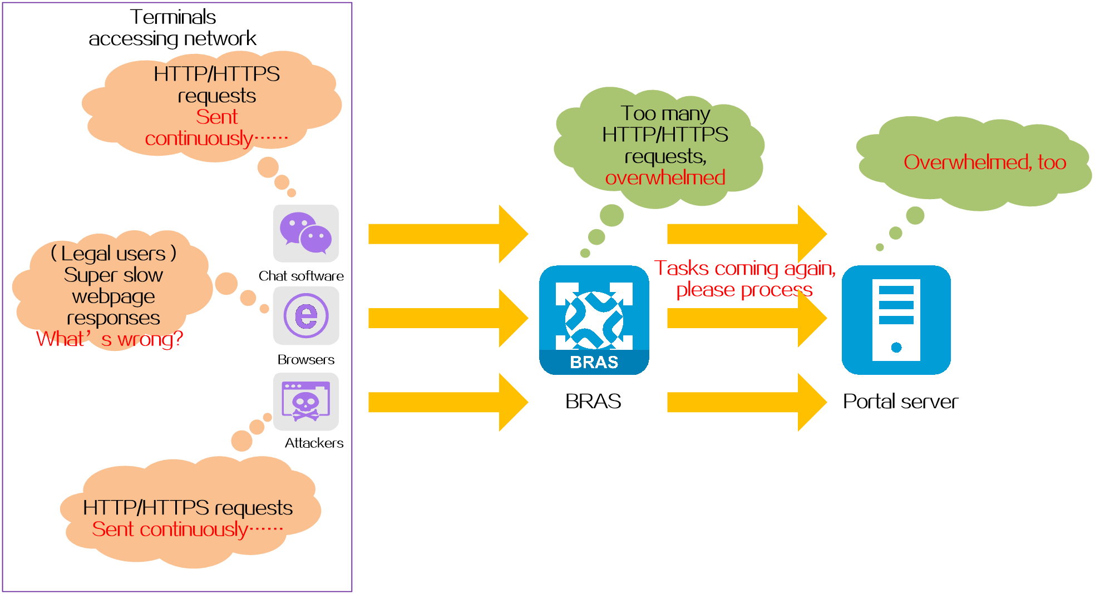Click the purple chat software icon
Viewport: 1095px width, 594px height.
coord(306,233)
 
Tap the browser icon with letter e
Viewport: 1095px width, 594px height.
coord(306,316)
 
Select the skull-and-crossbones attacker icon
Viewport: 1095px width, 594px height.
coord(306,402)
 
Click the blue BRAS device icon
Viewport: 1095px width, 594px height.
coord(594,320)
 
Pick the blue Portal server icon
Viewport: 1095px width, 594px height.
coord(896,320)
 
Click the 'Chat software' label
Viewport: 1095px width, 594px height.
coord(301,276)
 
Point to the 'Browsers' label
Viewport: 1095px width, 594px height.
coord(306,359)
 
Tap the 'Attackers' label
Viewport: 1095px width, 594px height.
coord(314,443)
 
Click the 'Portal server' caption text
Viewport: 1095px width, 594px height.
coord(900,401)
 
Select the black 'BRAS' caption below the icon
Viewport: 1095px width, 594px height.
coord(593,401)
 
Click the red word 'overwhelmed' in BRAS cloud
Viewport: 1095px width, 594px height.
coord(665,178)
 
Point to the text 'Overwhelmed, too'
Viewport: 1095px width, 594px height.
coord(985,162)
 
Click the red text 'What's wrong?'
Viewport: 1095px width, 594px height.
coord(110,339)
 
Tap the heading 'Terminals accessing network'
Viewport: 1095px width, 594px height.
coord(172,28)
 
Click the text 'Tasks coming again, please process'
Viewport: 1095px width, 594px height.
coord(745,279)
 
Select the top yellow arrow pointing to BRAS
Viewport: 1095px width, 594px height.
coord(448,234)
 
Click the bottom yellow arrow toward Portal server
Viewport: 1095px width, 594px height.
coord(747,402)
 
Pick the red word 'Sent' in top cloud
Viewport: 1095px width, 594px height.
coord(217,117)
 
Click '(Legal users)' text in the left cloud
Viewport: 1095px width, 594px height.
coord(114,254)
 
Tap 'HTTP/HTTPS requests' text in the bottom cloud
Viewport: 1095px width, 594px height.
coord(188,508)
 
